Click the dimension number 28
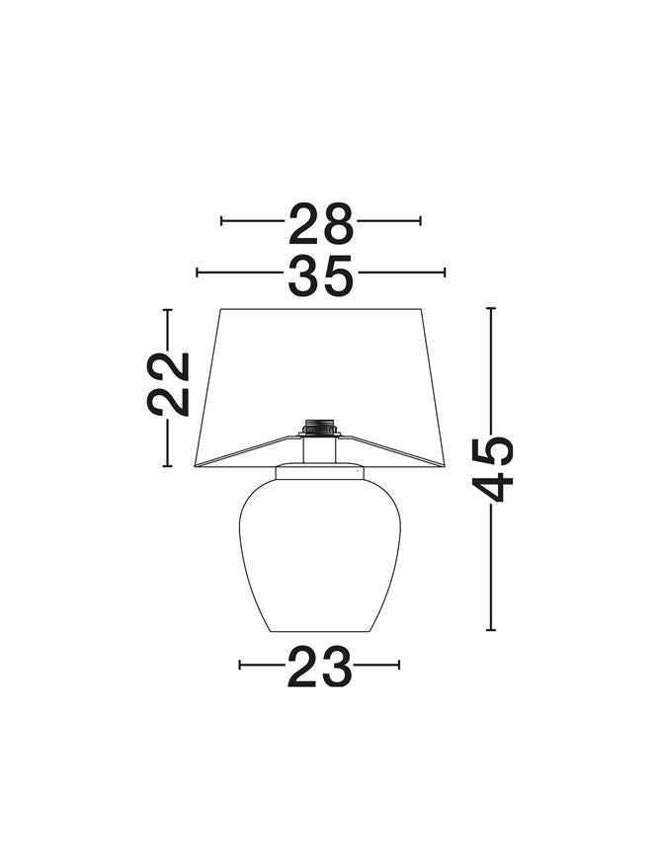(321, 223)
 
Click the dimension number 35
(321, 276)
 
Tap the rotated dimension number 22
(168, 383)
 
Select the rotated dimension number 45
(492, 469)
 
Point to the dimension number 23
(319, 667)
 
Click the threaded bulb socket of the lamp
(319, 428)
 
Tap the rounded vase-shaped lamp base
(319, 555)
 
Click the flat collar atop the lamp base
(320, 472)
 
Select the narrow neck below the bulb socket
(319, 450)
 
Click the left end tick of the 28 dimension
(221, 221)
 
